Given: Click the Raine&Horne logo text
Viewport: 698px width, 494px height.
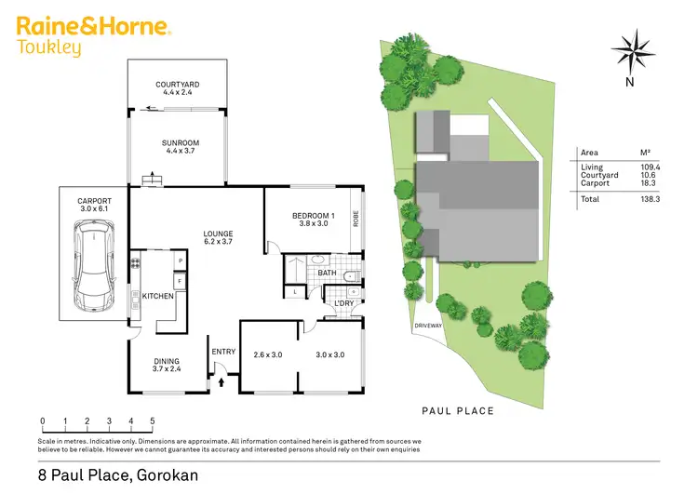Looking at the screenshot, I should (93, 25).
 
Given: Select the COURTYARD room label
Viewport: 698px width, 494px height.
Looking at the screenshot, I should (177, 85).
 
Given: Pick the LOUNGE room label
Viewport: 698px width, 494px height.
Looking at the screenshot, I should (219, 234).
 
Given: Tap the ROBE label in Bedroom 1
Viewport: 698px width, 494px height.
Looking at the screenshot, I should (356, 220).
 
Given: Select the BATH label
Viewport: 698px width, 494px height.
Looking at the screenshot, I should (325, 274).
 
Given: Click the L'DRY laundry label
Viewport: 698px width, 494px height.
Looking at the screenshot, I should (340, 301).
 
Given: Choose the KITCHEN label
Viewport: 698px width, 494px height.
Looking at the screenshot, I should (158, 296).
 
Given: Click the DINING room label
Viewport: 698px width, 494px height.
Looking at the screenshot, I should (166, 362).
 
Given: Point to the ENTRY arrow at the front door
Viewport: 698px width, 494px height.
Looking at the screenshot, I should (222, 380).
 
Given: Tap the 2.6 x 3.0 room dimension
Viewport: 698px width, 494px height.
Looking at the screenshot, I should (267, 354).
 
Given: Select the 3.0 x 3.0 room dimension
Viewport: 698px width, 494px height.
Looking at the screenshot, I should (329, 354).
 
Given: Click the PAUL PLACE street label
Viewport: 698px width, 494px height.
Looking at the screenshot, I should (457, 410).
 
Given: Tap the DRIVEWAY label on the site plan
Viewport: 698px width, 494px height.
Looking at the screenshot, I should (428, 326).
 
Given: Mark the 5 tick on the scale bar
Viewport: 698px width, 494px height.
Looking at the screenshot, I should (152, 421).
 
